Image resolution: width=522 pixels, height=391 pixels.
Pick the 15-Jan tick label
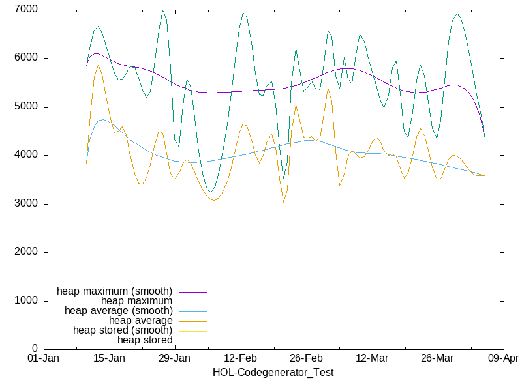coord(109,359)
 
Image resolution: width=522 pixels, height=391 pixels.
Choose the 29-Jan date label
coord(175,359)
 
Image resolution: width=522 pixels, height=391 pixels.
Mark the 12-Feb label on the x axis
coord(241,359)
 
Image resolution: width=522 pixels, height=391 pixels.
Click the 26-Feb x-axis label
coord(306,359)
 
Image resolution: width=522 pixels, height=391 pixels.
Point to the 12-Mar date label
coord(372,359)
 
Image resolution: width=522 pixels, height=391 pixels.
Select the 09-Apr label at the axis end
coord(503,359)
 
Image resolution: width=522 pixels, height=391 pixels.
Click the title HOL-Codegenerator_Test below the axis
coord(273,373)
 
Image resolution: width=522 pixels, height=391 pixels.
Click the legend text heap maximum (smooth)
coord(115,291)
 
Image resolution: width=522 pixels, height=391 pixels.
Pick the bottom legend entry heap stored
coord(145,340)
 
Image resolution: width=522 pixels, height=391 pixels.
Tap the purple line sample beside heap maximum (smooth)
coord(191,291)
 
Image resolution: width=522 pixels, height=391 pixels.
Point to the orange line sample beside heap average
coord(191,321)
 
